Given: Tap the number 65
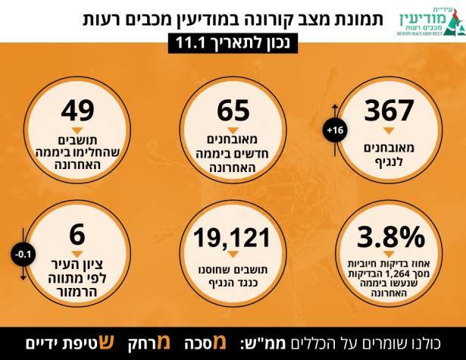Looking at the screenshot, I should [x=233, y=111].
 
